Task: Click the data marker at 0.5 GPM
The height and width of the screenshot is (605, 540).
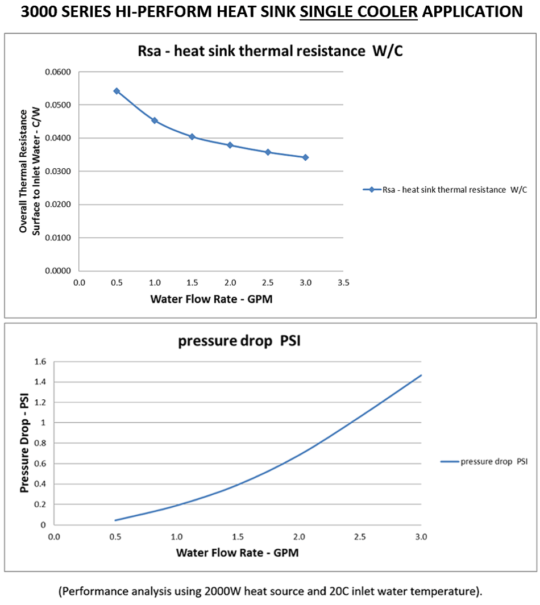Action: click(x=117, y=91)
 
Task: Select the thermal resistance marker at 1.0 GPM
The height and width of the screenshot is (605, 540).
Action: click(x=154, y=120)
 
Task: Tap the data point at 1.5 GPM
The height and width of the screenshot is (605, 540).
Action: click(x=192, y=137)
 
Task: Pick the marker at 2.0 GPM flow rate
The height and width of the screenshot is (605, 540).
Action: click(x=230, y=145)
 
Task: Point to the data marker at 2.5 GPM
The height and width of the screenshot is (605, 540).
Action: click(x=268, y=152)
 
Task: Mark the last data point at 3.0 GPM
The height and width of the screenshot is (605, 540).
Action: click(x=305, y=157)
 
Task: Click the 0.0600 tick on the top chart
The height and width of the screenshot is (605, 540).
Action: click(x=57, y=72)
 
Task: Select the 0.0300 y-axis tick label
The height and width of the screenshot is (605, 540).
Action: click(x=57, y=172)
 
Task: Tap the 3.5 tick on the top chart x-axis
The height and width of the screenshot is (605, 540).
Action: click(x=343, y=282)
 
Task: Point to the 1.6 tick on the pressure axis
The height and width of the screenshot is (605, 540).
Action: click(x=39, y=361)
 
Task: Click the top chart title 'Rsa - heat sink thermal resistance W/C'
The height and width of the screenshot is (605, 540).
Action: click(x=271, y=51)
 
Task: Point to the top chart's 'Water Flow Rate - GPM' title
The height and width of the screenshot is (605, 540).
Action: click(x=211, y=299)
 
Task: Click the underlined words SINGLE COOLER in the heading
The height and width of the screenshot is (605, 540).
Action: click(x=359, y=11)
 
